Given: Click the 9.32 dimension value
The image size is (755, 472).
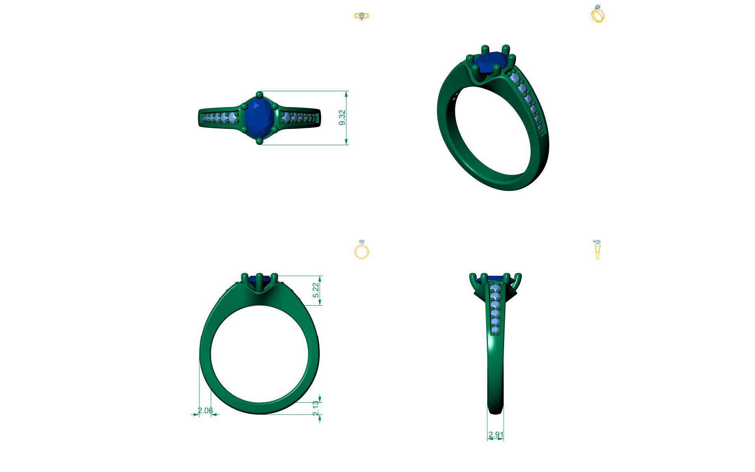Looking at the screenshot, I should (x=342, y=118).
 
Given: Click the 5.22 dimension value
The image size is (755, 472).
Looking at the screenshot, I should (x=316, y=291).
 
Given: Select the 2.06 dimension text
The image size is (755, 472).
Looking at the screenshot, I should (x=205, y=411).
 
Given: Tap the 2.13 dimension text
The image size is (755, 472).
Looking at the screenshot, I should (x=316, y=408).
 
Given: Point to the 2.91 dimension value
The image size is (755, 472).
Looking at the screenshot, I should (x=495, y=435).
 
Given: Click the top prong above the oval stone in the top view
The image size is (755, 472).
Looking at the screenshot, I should (x=259, y=95).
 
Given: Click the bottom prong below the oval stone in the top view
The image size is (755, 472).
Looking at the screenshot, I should (x=259, y=141).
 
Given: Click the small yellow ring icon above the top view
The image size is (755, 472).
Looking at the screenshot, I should (x=362, y=16).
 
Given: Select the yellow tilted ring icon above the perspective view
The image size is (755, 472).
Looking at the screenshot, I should (x=598, y=14).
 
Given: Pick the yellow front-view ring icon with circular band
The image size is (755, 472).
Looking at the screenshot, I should (x=362, y=249).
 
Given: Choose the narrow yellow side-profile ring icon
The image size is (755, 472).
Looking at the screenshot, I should (x=597, y=249).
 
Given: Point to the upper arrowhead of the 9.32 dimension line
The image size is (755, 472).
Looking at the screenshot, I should (x=346, y=94).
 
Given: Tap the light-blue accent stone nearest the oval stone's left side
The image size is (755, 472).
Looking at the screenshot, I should (x=234, y=118).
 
